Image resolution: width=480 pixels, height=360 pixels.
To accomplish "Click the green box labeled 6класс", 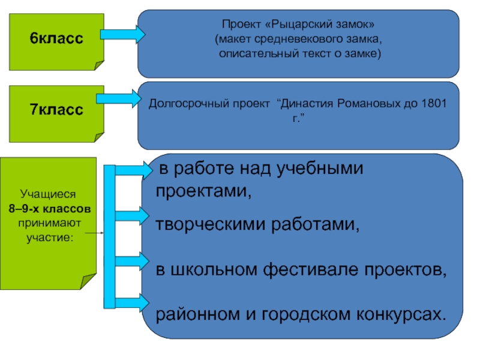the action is tap(56, 42).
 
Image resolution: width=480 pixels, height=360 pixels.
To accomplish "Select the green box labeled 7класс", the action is tap(56, 114).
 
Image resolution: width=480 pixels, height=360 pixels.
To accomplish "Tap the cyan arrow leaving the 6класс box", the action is tap(123, 34).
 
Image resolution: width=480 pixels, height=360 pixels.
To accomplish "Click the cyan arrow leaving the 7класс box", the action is tap(119, 98).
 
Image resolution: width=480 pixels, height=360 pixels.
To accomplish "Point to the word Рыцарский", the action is tap(299, 24).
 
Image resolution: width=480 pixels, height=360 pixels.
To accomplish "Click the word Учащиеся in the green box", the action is tap(48, 194).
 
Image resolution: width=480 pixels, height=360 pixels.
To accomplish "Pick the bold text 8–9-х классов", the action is tap(50, 209).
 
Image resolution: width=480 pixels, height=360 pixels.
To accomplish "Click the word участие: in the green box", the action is tap(50, 238).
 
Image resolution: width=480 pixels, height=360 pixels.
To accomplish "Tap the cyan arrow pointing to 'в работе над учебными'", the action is tap(134, 170).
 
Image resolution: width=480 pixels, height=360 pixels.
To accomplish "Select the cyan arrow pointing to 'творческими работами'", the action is tap(132, 216).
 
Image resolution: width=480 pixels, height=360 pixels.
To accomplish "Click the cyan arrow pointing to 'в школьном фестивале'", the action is tap(132, 262).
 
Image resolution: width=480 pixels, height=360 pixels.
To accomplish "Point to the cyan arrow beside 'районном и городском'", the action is tap(132, 303).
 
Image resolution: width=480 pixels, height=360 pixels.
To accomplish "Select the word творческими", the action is tap(211, 224).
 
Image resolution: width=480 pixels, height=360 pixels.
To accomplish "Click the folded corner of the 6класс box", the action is tap(99, 65).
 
